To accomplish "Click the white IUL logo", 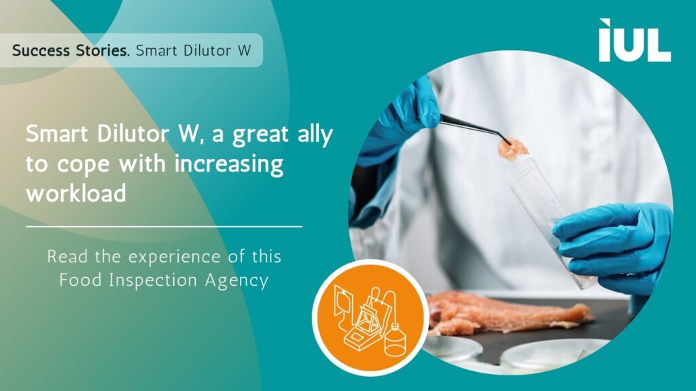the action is click(635, 40).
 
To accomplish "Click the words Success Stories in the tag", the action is click(71, 50).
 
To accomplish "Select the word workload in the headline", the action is click(76, 193).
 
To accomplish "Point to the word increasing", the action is click(228, 164).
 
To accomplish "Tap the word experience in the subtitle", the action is click(174, 257).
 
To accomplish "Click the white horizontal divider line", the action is click(164, 227).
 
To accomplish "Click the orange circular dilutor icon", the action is click(370, 318).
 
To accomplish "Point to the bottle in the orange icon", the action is click(395, 340).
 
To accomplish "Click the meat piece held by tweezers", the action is click(512, 149).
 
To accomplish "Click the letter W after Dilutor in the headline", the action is click(188, 134).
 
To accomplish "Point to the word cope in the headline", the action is click(83, 165).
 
